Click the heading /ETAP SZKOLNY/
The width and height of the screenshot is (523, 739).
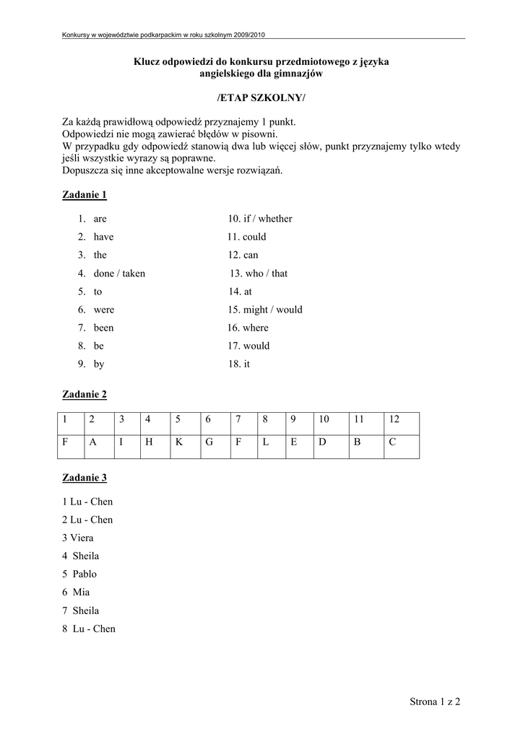261,97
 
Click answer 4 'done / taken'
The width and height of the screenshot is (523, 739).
119,274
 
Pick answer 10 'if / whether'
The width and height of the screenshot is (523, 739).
260,219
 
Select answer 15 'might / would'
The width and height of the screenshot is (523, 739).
265,310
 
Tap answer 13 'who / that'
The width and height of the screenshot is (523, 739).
259,274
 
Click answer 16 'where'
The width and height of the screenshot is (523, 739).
248,328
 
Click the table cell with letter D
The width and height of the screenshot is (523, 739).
331,443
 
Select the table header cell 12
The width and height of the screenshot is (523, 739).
401,419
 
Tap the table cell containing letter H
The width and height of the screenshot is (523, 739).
155,443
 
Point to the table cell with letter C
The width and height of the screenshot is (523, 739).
401,443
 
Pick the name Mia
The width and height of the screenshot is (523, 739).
82,592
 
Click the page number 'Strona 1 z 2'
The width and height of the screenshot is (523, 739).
435,701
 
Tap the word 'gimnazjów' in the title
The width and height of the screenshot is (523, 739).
298,74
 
